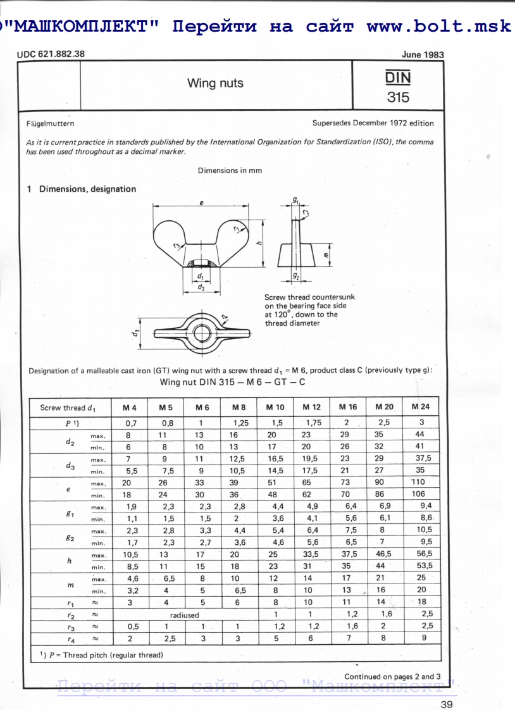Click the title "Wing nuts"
point(215,84)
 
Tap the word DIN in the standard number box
point(398,77)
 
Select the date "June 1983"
point(423,54)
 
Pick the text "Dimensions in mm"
point(230,170)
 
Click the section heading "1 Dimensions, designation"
point(81,189)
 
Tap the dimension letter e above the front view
point(201,202)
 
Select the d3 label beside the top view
point(136,332)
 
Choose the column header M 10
point(275,407)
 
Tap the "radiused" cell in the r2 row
point(184,614)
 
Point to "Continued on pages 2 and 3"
point(392,676)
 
